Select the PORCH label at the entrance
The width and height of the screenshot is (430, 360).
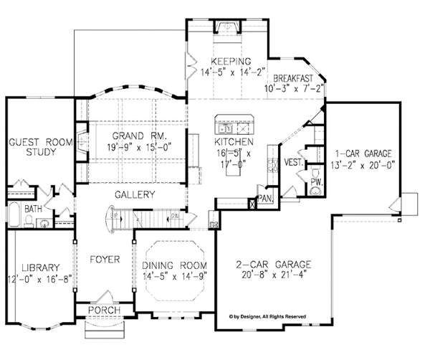[104, 311]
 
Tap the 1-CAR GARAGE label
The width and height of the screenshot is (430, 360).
[364, 153]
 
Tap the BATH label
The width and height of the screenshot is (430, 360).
[33, 209]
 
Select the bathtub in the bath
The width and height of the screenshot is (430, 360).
[16, 215]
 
